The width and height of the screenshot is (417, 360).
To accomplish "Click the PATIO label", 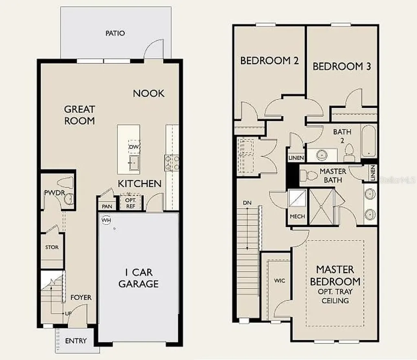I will click(115, 33).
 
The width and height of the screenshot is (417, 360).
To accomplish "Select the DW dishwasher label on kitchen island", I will click(134, 147).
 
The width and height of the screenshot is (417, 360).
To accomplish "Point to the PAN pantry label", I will click(107, 206).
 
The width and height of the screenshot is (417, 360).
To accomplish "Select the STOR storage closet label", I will click(52, 247).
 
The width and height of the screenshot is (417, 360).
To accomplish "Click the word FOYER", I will click(81, 297).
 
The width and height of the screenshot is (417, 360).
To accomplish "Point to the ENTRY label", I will click(76, 340).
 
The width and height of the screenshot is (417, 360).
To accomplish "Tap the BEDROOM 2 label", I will click(270, 61).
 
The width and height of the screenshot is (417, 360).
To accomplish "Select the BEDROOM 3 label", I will click(342, 66).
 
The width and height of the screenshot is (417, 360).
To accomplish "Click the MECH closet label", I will click(297, 216).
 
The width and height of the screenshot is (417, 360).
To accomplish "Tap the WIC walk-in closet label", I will click(279, 281).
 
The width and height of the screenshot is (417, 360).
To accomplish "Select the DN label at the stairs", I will click(247, 202).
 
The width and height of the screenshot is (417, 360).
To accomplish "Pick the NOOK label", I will click(149, 93).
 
